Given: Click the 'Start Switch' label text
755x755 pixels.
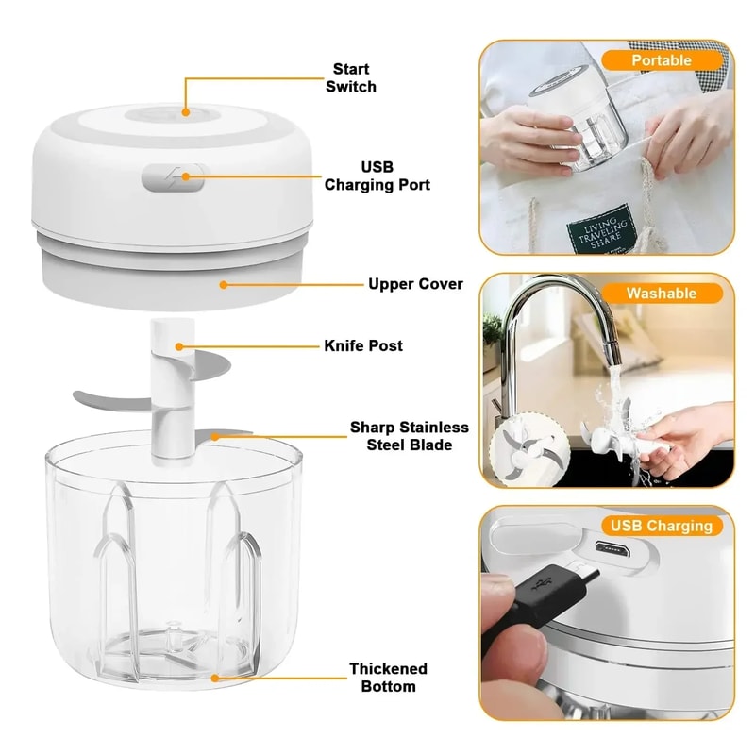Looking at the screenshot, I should [350, 77].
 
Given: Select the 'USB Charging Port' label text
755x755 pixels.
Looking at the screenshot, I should [377, 176].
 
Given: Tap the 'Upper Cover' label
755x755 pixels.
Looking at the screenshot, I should [415, 283].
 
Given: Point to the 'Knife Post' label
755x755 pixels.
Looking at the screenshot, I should [363, 345].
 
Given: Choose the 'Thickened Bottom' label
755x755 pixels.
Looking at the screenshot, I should [388, 677].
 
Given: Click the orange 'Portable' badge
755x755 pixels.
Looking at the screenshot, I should [661, 60].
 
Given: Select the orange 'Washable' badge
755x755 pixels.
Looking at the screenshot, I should [661, 294].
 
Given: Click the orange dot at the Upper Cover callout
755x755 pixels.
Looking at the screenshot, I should [222, 283].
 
